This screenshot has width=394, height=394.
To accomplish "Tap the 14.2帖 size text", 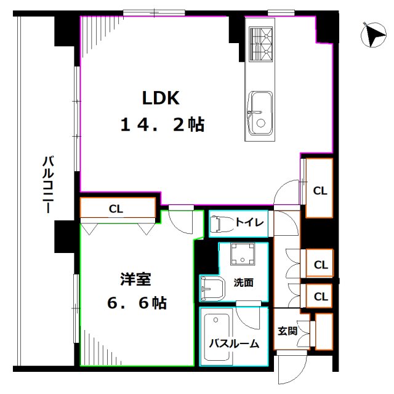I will [x=162, y=125].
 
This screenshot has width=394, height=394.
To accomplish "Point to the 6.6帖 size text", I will [x=137, y=303].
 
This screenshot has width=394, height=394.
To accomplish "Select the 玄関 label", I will [x=287, y=331].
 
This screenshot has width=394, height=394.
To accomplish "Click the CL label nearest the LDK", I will [x=320, y=191].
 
